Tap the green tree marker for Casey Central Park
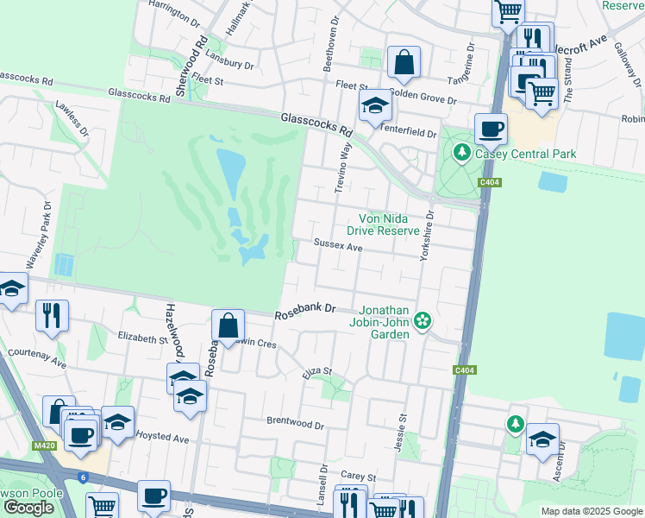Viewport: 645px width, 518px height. click(x=462, y=153)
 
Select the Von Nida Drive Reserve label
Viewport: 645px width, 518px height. click(x=384, y=224)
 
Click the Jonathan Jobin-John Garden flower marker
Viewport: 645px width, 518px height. click(x=422, y=320)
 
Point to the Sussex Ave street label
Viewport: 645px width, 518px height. click(x=337, y=246)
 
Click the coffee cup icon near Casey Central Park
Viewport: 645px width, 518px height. click(x=491, y=129)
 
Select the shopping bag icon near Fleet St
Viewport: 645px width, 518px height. click(x=404, y=61)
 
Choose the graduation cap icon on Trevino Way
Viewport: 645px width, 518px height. click(x=375, y=106)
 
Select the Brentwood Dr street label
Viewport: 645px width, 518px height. click(x=295, y=425)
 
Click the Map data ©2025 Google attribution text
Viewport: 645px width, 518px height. click(x=591, y=511)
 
